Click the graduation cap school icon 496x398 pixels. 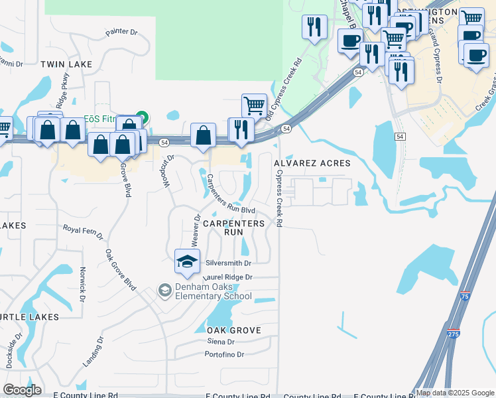pyautogui.click(x=187, y=261)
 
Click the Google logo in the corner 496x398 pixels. pyautogui.click(x=23, y=390)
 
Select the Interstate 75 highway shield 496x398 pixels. pyautogui.click(x=465, y=296)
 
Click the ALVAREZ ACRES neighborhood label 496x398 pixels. pyautogui.click(x=312, y=163)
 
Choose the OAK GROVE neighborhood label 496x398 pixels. pyautogui.click(x=233, y=330)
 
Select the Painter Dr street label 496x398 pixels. pyautogui.click(x=121, y=32)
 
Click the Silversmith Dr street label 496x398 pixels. pyautogui.click(x=229, y=263)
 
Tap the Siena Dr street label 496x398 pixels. pyautogui.click(x=221, y=342)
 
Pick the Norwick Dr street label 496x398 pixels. pyautogui.click(x=82, y=285)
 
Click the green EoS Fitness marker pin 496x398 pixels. pyautogui.click(x=141, y=117)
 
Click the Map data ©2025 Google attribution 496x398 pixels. pyautogui.click(x=455, y=393)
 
